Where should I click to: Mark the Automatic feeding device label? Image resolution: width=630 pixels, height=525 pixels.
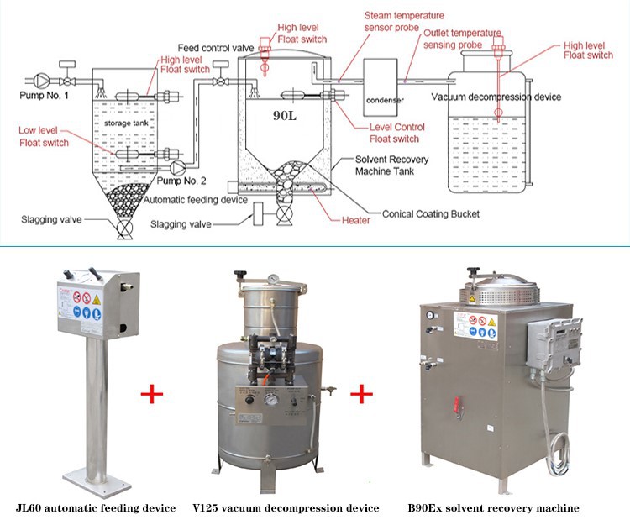tap(194, 200)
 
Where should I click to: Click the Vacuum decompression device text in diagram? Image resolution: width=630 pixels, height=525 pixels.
tap(496, 97)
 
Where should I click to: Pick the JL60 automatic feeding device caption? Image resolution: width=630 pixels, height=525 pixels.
tap(97, 507)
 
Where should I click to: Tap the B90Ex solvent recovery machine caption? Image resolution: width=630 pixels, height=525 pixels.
tap(493, 507)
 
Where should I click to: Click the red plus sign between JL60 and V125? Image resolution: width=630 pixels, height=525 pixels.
tap(152, 393)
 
